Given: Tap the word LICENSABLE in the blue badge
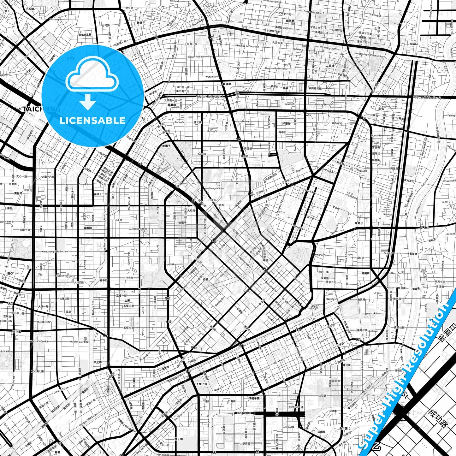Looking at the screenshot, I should click(92, 120).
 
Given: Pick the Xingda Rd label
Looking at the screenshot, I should click(244, 413).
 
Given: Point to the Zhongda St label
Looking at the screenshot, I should click(215, 188).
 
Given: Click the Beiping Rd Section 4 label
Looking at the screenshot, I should click(370, 55).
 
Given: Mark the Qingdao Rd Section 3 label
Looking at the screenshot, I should click(276, 68).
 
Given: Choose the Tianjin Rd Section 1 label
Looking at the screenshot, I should click(198, 57).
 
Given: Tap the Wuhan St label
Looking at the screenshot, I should click(210, 77).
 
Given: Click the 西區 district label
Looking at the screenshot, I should click(205, 279).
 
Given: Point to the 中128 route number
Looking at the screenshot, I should click(425, 227).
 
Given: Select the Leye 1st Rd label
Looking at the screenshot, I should click(370, 314).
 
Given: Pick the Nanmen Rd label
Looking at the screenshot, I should click(288, 427).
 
